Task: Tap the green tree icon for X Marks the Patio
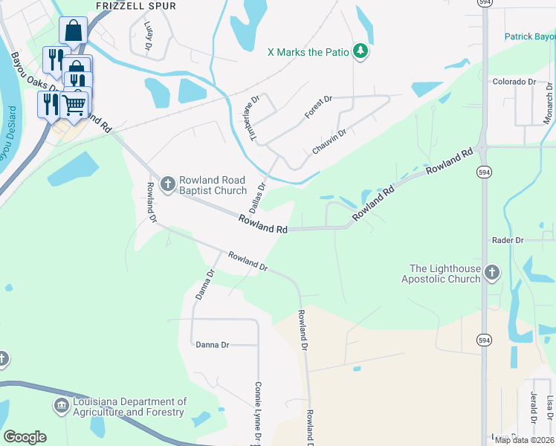[361, 51]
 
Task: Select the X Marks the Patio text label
[307, 52]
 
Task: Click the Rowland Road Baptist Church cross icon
[169, 183]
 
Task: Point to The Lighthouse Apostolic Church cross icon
[491, 273]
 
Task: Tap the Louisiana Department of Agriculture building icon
[61, 406]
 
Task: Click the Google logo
[25, 437]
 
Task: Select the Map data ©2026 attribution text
[524, 440]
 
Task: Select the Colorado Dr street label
[514, 82]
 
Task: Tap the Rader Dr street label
[508, 240]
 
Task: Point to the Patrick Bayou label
[530, 36]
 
